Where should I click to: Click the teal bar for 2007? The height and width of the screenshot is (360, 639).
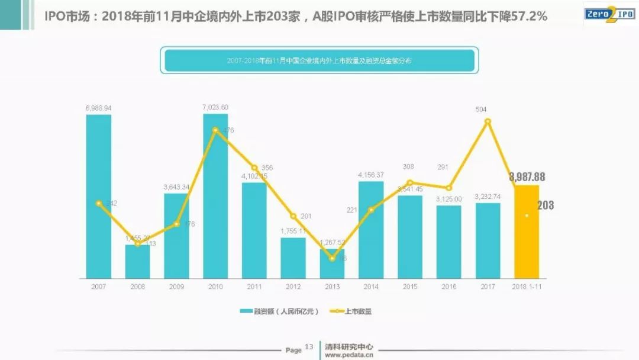(x=99, y=196)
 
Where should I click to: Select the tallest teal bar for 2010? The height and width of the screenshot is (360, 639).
(x=215, y=195)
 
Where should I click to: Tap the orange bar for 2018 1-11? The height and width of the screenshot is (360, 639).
(x=527, y=232)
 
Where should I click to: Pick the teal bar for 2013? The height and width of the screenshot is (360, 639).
(x=332, y=263)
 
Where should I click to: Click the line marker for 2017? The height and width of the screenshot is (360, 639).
(x=488, y=121)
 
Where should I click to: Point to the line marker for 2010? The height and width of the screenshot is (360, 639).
(x=215, y=130)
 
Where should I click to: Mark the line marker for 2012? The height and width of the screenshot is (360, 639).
(x=293, y=216)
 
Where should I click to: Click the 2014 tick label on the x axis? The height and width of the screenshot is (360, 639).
(x=371, y=287)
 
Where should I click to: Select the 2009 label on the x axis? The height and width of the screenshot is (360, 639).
(x=176, y=287)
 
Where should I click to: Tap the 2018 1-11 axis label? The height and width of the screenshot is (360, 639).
(x=527, y=287)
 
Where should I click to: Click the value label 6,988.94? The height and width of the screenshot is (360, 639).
(x=99, y=108)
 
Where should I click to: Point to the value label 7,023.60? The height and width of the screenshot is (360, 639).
(x=215, y=107)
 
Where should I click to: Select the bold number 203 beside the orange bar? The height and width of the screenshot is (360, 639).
(x=546, y=205)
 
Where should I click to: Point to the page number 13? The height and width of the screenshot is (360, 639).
(x=309, y=347)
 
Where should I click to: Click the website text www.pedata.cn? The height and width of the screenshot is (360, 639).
(x=349, y=355)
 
